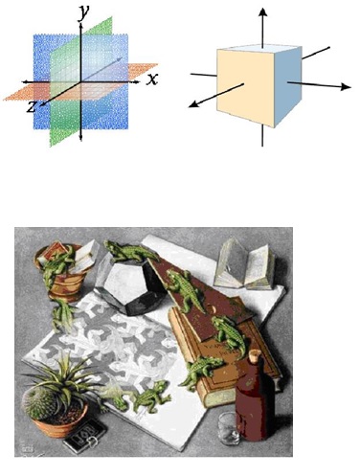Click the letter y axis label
point(83,12)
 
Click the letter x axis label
point(152,79)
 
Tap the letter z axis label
point(32,107)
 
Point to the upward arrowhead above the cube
point(262,11)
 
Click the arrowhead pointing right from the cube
point(346,86)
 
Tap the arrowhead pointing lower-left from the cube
point(193,103)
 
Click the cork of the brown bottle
point(256,354)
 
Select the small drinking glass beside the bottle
point(229,428)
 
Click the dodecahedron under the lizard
point(131,285)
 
